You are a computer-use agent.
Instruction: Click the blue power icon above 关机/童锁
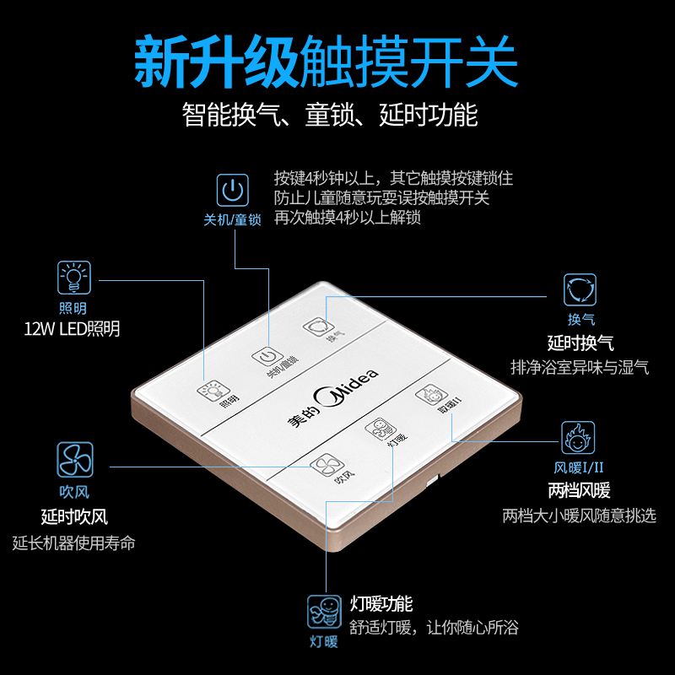233,191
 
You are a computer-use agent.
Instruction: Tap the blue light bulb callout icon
73,278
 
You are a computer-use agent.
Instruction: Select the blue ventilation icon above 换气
581,289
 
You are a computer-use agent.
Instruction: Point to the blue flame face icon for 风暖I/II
578,438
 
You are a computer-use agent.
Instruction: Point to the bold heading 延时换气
580,343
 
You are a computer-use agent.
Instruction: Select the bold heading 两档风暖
579,490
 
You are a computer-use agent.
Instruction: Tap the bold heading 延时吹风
74,516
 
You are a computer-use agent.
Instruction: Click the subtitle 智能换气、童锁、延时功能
330,114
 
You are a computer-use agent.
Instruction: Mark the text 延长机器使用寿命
74,543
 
